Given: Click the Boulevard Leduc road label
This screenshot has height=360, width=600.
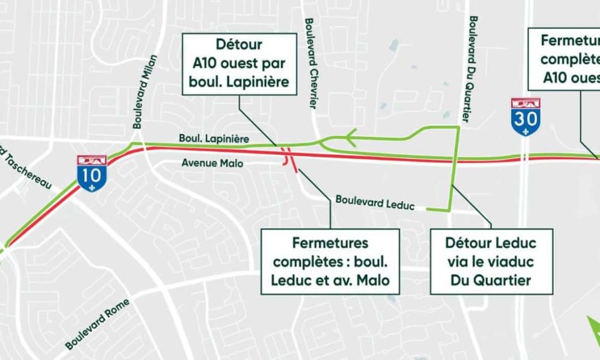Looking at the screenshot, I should [375, 202].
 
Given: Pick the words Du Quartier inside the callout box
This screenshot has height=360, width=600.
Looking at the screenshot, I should [491, 280].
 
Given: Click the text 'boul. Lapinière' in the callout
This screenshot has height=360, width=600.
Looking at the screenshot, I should [239, 80].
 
